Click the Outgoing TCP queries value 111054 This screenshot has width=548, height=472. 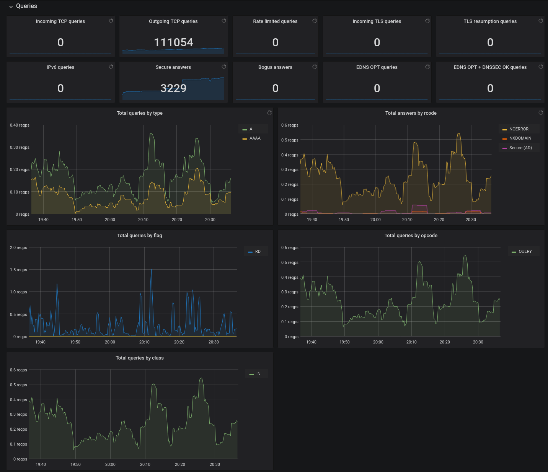click(173, 42)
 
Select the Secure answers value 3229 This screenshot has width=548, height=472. click(173, 88)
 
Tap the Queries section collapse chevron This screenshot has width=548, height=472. click(11, 7)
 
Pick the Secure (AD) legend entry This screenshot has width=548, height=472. click(517, 148)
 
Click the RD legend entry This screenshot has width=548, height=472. click(254, 252)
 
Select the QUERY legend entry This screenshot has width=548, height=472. click(522, 252)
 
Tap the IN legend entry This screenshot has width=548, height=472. click(255, 374)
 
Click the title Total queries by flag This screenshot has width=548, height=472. click(140, 235)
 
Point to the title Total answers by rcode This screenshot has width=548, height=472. click(411, 113)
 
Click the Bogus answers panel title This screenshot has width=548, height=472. click(275, 67)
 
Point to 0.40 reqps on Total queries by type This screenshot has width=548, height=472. click(20, 125)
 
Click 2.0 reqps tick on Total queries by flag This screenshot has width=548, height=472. click(18, 247)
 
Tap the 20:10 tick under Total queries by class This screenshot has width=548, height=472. click(145, 464)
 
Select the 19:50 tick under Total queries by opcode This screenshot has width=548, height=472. click(344, 342)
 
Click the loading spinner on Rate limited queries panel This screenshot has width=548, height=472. click(315, 21)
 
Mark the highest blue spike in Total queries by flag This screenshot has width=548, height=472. click(152, 270)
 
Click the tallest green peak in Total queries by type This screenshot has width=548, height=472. click(152, 133)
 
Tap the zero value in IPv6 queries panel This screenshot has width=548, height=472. click(60, 88)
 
